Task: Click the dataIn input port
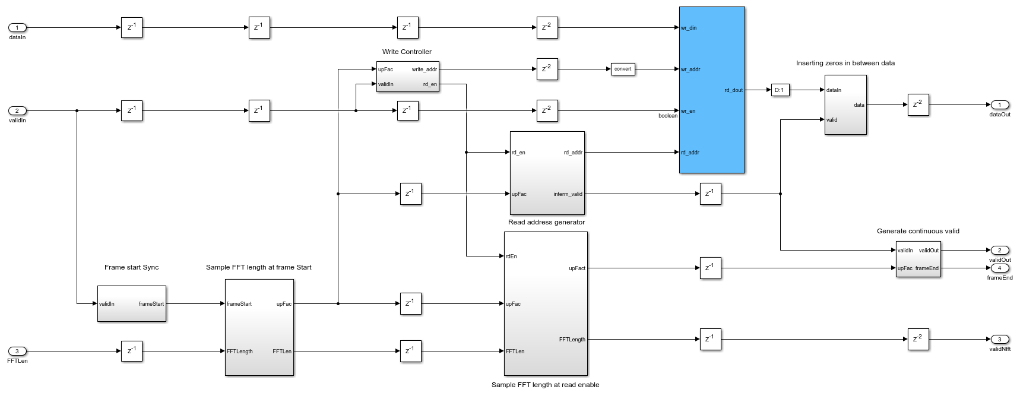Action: click(17, 28)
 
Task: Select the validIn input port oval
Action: click(17, 111)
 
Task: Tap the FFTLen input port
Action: click(17, 351)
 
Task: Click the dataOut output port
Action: click(999, 105)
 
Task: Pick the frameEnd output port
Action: click(999, 268)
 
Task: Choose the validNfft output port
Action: click(999, 340)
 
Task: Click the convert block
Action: click(623, 69)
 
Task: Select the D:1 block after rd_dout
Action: click(780, 90)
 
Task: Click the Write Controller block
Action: click(407, 77)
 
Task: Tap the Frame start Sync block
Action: click(131, 303)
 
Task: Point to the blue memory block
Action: click(712, 90)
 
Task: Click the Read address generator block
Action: click(547, 173)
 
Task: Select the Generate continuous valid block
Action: click(918, 259)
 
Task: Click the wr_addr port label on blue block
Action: click(690, 69)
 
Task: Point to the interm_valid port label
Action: click(568, 194)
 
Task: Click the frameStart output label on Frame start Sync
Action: click(151, 304)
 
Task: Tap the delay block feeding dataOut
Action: click(918, 105)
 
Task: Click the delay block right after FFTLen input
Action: click(131, 351)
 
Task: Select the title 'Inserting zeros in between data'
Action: click(845, 63)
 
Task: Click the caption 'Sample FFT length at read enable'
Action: click(545, 385)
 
